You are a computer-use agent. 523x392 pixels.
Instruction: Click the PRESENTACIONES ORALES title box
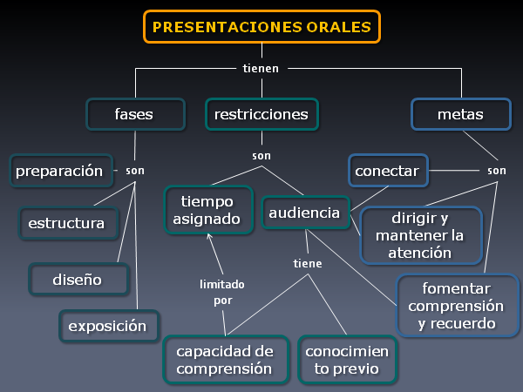(261, 27)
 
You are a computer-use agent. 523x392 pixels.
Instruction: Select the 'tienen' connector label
(261, 68)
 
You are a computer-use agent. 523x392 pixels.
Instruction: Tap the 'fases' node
(135, 114)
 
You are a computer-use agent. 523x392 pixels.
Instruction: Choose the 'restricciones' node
(261, 114)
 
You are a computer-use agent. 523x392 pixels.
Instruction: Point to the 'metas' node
(459, 114)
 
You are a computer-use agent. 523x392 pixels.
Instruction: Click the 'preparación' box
(61, 171)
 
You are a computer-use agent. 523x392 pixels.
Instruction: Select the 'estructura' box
(69, 223)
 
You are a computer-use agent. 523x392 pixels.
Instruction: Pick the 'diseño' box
(77, 280)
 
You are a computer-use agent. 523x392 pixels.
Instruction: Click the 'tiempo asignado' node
(208, 211)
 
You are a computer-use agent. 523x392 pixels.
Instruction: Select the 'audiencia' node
(303, 213)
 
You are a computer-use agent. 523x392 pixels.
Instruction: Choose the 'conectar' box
(387, 171)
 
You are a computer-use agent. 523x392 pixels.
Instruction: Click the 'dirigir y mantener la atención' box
(420, 235)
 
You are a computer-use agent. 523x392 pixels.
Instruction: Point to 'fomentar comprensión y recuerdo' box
(456, 305)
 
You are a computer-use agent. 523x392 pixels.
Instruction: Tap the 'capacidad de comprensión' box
(225, 360)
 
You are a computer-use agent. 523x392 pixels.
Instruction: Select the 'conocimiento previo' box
(347, 360)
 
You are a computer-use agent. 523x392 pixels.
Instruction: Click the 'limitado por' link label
(222, 292)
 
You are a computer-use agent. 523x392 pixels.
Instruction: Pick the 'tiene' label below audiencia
(307, 263)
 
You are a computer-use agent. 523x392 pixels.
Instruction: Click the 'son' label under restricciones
(261, 155)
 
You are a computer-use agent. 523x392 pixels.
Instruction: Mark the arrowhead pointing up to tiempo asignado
(207, 240)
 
